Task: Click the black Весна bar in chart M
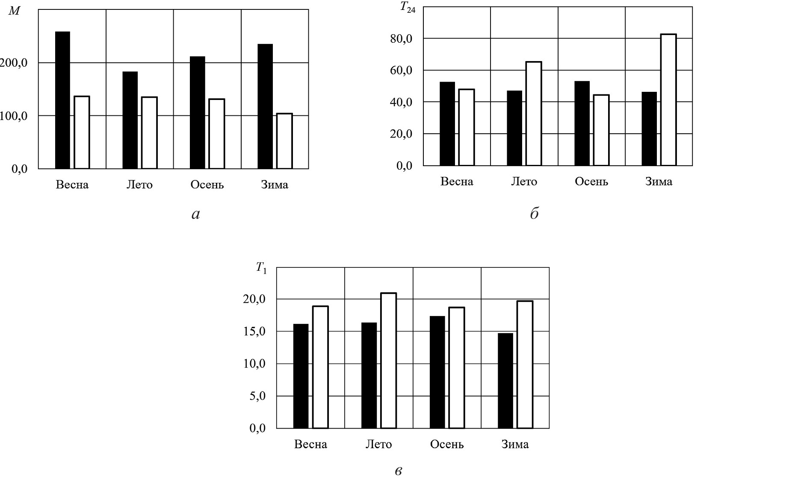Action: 62,100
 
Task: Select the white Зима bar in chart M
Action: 284,141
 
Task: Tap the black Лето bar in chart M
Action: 130,120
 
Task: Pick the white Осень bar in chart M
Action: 217,134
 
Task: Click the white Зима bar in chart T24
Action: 668,100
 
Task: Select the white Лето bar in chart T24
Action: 534,114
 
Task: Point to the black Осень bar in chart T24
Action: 582,123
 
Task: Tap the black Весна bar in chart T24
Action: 447,124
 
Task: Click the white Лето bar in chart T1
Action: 389,361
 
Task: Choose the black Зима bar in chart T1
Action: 505,381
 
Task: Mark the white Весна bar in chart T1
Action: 320,367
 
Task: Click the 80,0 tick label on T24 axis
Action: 401,39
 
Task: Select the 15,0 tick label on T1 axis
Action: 254,331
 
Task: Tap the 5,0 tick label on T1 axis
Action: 257,396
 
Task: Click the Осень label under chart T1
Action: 447,444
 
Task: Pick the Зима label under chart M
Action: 275,185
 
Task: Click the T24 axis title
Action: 408,8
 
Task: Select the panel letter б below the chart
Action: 534,213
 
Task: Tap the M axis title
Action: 14,11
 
